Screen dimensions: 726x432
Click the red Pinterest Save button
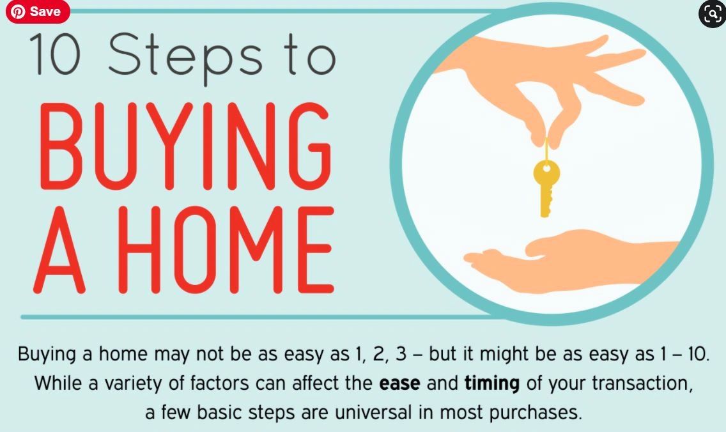pos(38,11)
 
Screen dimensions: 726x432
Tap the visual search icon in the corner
pos(712,14)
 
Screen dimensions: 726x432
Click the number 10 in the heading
pos(56,54)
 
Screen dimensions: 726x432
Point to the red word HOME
pos(226,250)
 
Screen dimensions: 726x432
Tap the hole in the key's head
pos(546,167)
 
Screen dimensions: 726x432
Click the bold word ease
pos(399,383)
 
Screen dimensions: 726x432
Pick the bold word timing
pos(491,384)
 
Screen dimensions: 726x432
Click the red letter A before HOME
pos(59,250)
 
